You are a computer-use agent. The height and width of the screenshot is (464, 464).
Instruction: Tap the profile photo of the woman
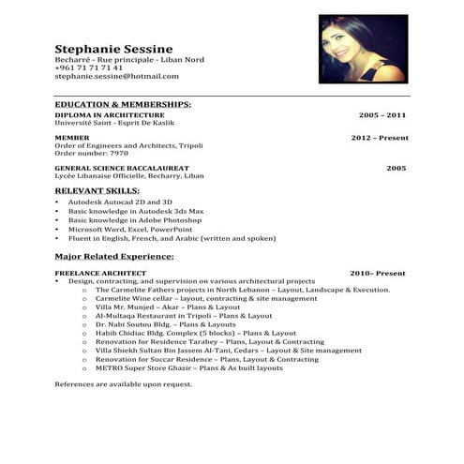pos(363,49)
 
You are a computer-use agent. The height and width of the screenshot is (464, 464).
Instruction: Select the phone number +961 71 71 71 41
pos(89,68)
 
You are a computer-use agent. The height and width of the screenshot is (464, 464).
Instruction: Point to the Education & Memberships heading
pos(123,104)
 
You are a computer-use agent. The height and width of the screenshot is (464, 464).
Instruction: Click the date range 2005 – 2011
pos(382,114)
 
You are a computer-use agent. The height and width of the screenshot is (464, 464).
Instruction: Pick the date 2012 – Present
pos(380,138)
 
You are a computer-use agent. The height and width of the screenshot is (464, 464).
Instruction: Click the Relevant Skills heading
pos(103,190)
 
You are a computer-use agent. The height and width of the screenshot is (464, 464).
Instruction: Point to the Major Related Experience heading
pos(114,256)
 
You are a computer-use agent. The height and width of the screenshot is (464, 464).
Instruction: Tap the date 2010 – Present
pos(378,273)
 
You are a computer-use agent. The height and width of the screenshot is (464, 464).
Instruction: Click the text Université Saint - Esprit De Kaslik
pos(114,123)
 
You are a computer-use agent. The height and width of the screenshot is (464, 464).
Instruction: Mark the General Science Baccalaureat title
pos(129,168)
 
